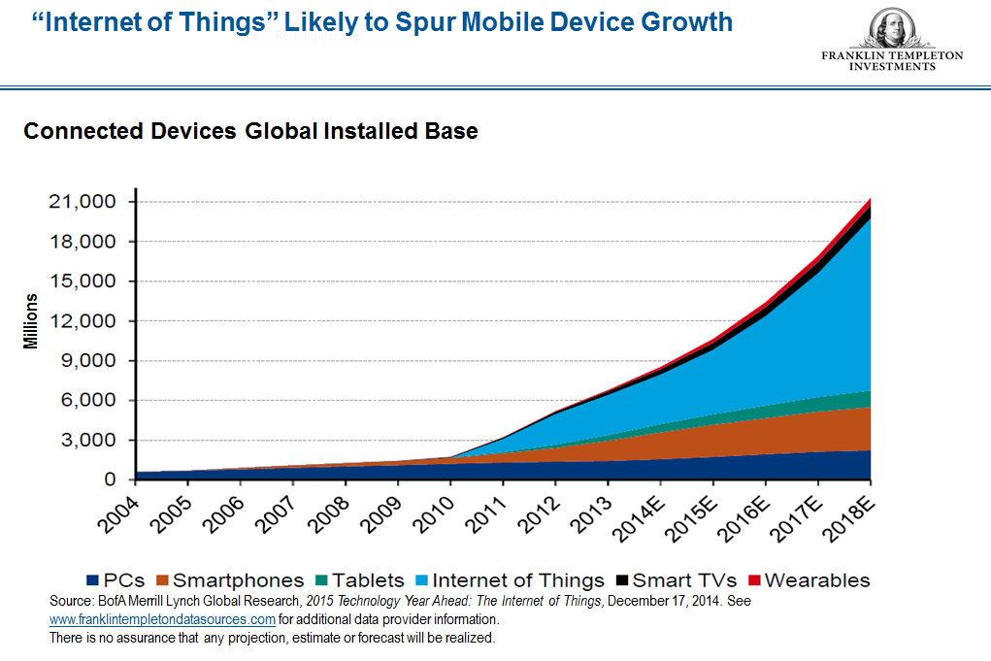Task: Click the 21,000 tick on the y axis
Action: pos(82,202)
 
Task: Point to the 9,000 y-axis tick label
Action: pos(88,361)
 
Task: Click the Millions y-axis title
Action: pos(31,321)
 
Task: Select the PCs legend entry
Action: pos(116,580)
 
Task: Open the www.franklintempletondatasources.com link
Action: pos(162,619)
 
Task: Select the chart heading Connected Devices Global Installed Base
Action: pos(250,130)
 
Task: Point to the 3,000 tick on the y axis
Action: pos(88,441)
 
